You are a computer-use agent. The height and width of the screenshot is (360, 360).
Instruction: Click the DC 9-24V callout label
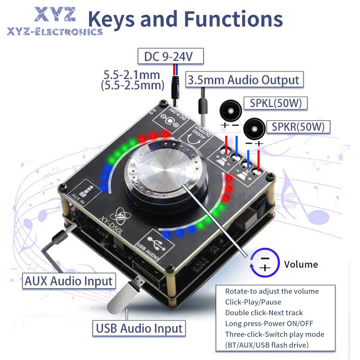(x=171, y=57)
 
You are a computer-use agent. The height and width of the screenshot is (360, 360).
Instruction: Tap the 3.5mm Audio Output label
(x=244, y=80)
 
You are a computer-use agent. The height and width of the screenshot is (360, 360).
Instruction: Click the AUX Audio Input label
(x=68, y=280)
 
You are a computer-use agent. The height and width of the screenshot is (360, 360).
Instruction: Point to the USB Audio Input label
(x=139, y=328)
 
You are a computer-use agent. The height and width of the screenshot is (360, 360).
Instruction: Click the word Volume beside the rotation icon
(x=301, y=265)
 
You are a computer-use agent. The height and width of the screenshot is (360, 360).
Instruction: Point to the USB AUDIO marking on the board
(x=158, y=244)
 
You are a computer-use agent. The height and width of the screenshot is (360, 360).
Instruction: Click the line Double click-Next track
(x=264, y=313)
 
